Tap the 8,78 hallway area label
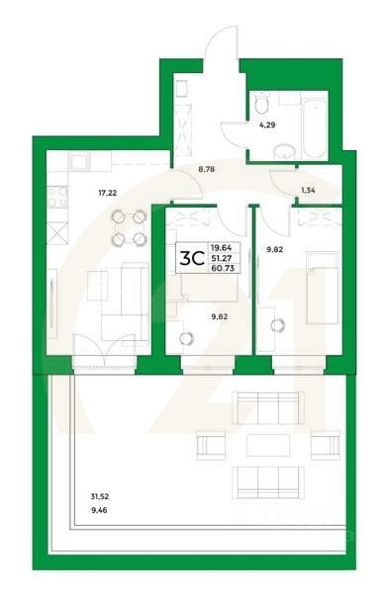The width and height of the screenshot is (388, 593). (x=207, y=170)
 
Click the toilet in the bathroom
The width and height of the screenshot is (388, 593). (x=260, y=103)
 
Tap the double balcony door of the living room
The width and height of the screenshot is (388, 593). (x=105, y=352)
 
